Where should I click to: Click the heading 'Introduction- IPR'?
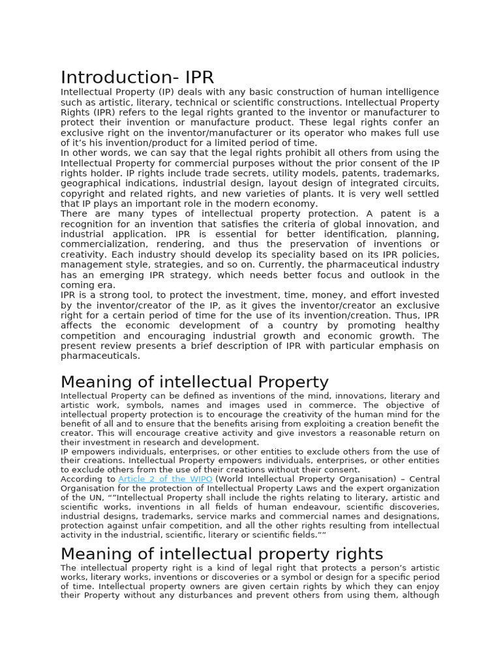point(137,78)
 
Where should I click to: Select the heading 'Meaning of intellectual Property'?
point(194,382)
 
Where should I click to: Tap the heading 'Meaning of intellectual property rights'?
point(222,554)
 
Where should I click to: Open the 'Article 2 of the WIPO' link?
point(165,479)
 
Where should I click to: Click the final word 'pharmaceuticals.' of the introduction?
point(100,356)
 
